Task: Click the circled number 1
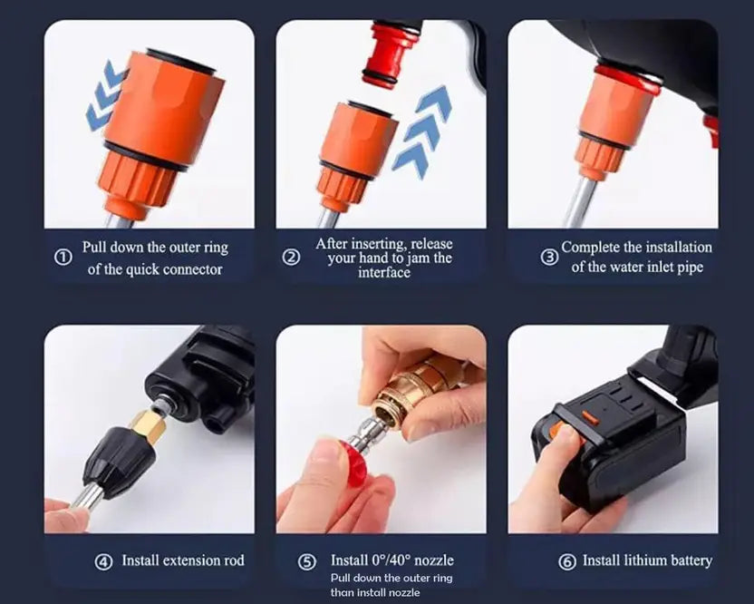coord(63,258)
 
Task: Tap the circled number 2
coord(291,258)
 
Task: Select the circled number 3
coord(549,257)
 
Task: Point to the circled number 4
coord(103,561)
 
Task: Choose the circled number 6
coord(567,561)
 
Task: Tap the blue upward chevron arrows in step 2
coord(425,128)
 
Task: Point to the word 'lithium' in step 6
coord(643,560)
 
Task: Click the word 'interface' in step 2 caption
coord(383,273)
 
